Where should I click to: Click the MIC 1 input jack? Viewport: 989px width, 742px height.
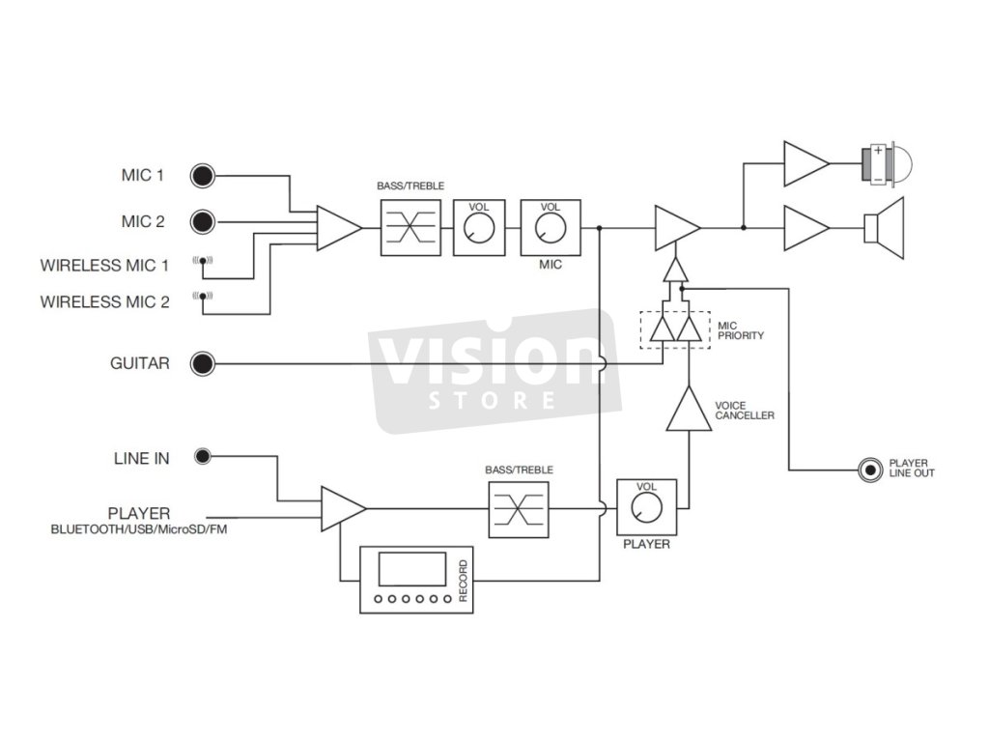pyautogui.click(x=202, y=176)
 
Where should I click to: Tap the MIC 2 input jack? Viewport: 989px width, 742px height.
pyautogui.click(x=202, y=222)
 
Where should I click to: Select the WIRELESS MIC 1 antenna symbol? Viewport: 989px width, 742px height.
pyautogui.click(x=203, y=260)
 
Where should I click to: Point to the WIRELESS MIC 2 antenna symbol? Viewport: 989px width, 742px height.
pyautogui.click(x=203, y=296)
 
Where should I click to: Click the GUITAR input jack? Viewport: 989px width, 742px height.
pyautogui.click(x=202, y=364)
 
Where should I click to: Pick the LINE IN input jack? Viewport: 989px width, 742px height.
pyautogui.click(x=203, y=456)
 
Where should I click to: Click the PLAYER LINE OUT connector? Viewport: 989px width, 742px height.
pyautogui.click(x=871, y=471)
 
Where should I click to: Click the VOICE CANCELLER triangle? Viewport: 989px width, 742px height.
pyautogui.click(x=689, y=412)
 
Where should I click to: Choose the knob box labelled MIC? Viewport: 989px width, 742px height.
pyautogui.click(x=551, y=228)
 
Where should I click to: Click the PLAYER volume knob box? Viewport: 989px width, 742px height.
pyautogui.click(x=646, y=506)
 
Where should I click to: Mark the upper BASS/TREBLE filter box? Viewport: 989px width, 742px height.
pyautogui.click(x=410, y=228)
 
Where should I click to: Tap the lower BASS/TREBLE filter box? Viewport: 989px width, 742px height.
pyautogui.click(x=519, y=507)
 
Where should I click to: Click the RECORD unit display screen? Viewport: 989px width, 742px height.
pyautogui.click(x=412, y=569)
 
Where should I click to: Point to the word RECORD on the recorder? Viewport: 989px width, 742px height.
pyautogui.click(x=464, y=581)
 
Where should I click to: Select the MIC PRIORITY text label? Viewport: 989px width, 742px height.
pyautogui.click(x=741, y=330)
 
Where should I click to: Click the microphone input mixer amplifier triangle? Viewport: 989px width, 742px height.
pyautogui.click(x=337, y=228)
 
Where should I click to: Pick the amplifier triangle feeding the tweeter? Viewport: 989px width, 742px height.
pyautogui.click(x=805, y=164)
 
